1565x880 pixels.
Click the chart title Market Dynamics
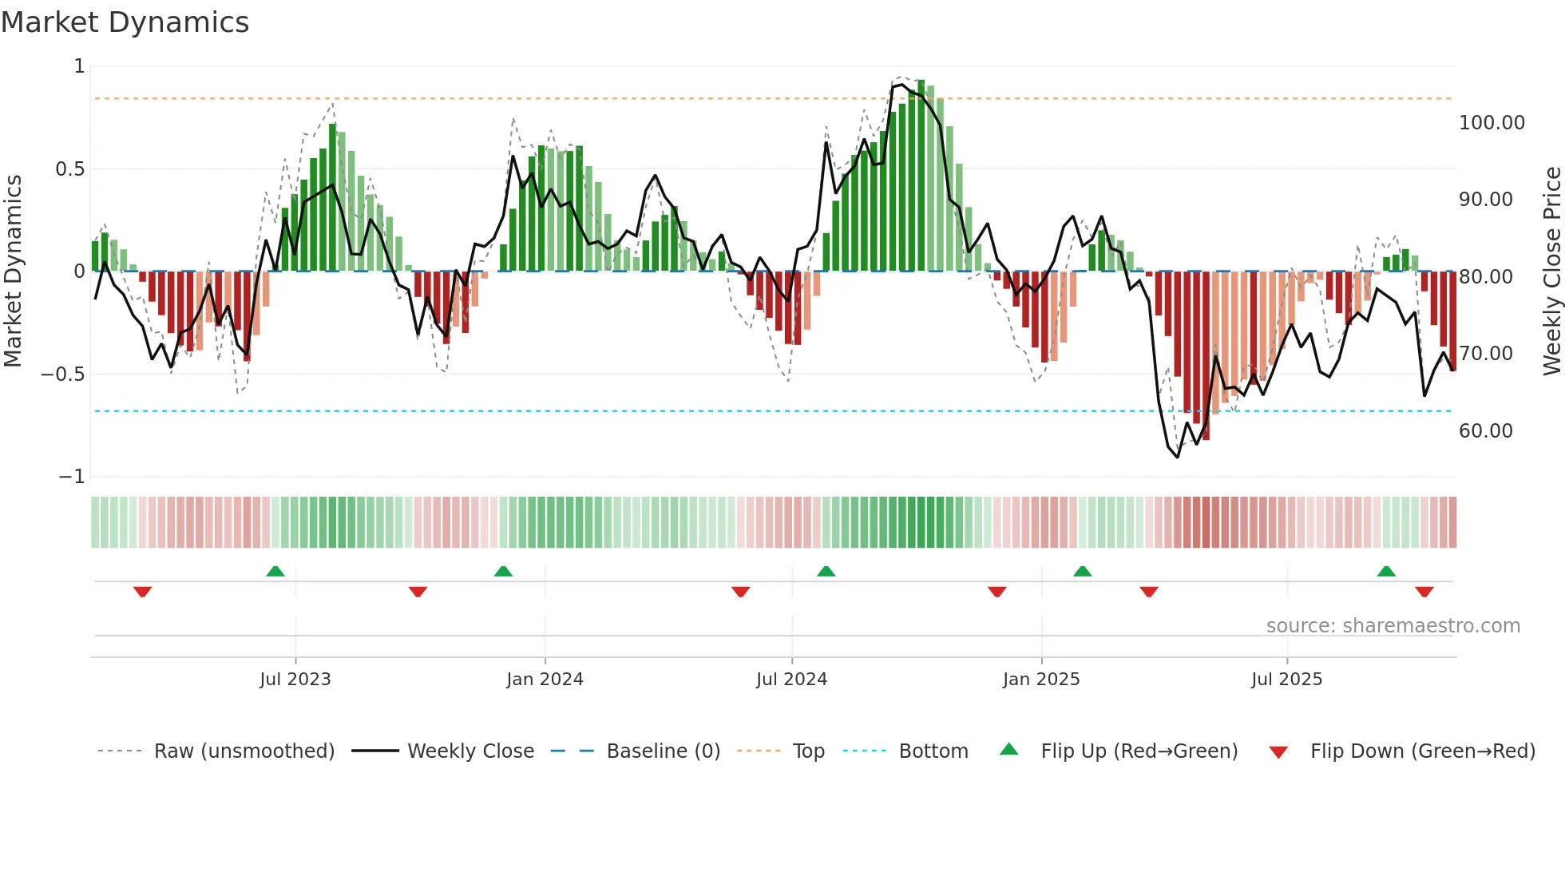(125, 22)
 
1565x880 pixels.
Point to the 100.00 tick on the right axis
(1491, 123)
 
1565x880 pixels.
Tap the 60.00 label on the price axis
(1485, 431)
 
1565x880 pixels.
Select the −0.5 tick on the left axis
(62, 374)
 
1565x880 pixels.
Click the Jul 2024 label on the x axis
(791, 680)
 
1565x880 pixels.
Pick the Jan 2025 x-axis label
(1040, 680)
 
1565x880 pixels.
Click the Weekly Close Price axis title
(1551, 271)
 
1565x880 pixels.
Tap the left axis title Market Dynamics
(13, 271)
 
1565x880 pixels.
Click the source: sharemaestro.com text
(1393, 626)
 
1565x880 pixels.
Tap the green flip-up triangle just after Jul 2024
(826, 572)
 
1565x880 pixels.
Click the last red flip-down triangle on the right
(1424, 592)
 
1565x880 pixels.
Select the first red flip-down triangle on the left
(143, 592)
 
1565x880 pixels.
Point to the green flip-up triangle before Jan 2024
(503, 572)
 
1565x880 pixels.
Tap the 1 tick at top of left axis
(79, 66)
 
